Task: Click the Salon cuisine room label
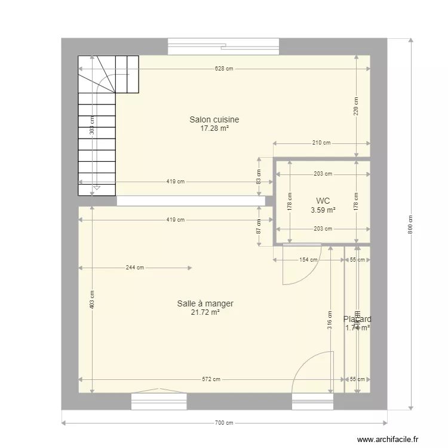214,119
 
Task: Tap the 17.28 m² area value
214,128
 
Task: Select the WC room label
323,201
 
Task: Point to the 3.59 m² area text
323,210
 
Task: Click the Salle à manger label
205,303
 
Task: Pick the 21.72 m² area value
205,312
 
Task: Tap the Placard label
357,319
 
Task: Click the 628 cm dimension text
224,69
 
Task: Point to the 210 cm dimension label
321,143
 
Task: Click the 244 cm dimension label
135,268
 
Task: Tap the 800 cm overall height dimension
410,224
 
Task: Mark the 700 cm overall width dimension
224,423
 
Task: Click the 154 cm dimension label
308,259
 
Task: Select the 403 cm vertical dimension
91,299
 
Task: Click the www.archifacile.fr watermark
388,440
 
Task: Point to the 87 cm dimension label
259,226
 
